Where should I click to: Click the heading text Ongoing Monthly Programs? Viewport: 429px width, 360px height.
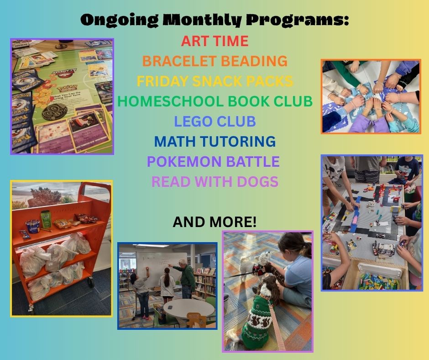[x=214, y=21]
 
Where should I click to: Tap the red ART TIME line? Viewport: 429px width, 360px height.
[x=214, y=41]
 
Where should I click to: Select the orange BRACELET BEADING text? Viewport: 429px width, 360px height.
[x=214, y=61]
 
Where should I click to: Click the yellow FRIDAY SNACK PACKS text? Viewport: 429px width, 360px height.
[x=214, y=81]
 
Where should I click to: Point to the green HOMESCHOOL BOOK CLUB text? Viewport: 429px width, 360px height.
[x=214, y=101]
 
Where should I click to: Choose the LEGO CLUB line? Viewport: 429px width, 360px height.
[x=214, y=122]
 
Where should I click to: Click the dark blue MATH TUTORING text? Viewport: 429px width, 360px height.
[x=214, y=141]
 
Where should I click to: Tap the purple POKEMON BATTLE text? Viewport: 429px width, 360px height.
[x=213, y=161]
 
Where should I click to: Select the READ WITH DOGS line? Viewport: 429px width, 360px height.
[x=214, y=181]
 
